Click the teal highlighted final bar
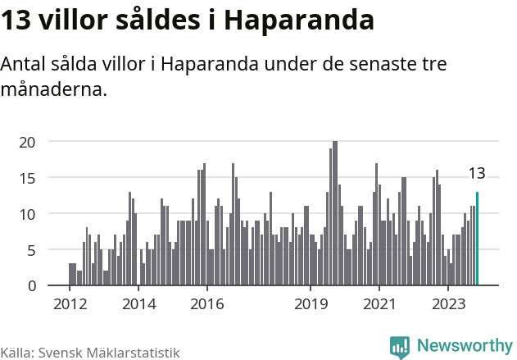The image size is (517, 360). click(x=477, y=239)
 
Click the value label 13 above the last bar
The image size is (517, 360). click(x=477, y=174)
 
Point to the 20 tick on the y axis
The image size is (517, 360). click(x=28, y=142)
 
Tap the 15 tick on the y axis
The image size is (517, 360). click(x=28, y=178)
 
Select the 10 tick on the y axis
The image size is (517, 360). click(x=28, y=214)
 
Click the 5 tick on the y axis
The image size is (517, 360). click(x=31, y=250)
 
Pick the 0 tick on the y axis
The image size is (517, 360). click(x=31, y=286)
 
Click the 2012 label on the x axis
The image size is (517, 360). click(x=70, y=304)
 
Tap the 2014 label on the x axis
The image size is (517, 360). click(x=138, y=304)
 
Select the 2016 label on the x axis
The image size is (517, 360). click(x=207, y=304)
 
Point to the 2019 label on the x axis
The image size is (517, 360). click(x=311, y=304)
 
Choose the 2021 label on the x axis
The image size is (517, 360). click(x=379, y=304)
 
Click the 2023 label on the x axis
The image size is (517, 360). click(x=448, y=304)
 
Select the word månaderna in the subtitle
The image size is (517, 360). click(x=54, y=89)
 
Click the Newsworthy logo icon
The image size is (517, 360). click(x=400, y=347)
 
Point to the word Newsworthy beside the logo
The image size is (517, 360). click(x=464, y=346)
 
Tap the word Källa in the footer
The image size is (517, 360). click(x=16, y=352)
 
